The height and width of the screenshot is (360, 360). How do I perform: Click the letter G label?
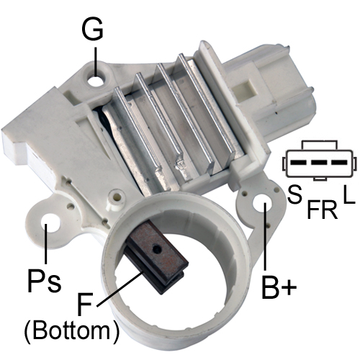pyautogui.click(x=92, y=30)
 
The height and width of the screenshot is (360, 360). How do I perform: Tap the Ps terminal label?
pyautogui.click(x=45, y=280)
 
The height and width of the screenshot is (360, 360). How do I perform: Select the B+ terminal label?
pyautogui.click(x=279, y=287)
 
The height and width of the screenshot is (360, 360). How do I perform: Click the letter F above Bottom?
pyautogui.click(x=85, y=303)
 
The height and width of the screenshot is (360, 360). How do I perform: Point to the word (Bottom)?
pyautogui.click(x=71, y=331)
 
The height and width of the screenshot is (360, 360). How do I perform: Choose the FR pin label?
pyautogui.click(x=323, y=210)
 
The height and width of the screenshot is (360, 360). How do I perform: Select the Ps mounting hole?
pyautogui.click(x=51, y=222)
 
